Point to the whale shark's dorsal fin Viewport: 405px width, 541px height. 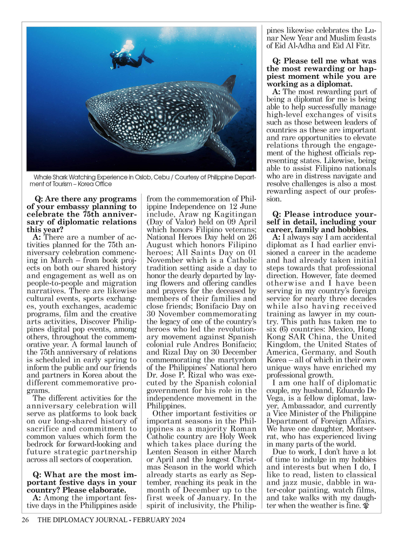click(229, 84)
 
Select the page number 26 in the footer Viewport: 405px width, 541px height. click(25, 520)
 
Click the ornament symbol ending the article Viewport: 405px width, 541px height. click(366, 507)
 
